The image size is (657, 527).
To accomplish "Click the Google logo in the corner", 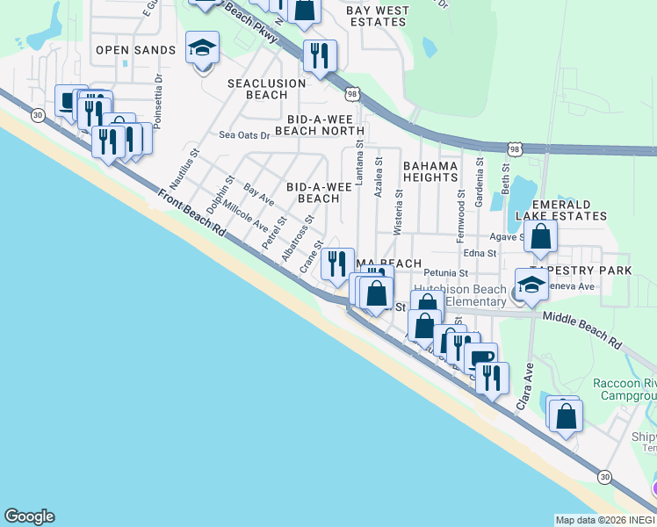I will coord(29,516).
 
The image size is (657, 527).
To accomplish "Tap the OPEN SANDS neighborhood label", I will coord(136,50).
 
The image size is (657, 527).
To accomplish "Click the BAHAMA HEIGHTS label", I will coord(430,171).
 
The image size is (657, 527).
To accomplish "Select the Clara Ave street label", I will coord(525,387).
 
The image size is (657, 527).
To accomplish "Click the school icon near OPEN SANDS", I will coord(202,47).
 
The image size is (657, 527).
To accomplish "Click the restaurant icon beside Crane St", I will coord(336,263).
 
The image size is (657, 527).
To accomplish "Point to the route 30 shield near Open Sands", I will coord(37,114).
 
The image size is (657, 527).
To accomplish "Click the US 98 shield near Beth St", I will coord(516,150).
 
